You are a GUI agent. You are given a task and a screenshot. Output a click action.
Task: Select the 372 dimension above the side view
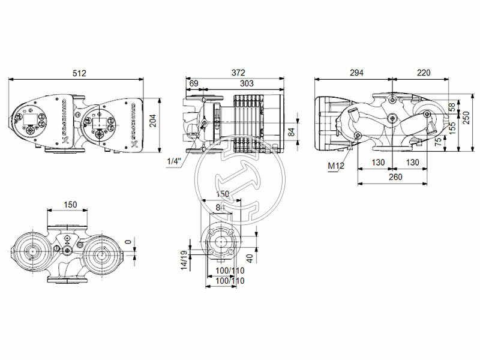click(239, 73)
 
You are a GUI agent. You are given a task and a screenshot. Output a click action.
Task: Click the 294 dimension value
click(356, 73)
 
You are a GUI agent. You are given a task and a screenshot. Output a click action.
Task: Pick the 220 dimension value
click(424, 73)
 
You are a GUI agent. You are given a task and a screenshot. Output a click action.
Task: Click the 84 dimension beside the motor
click(290, 131)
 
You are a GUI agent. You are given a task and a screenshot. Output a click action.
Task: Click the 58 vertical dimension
click(451, 107)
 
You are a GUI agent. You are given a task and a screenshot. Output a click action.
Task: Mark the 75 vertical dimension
click(438, 142)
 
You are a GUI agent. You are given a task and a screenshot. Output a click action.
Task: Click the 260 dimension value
click(395, 177)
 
